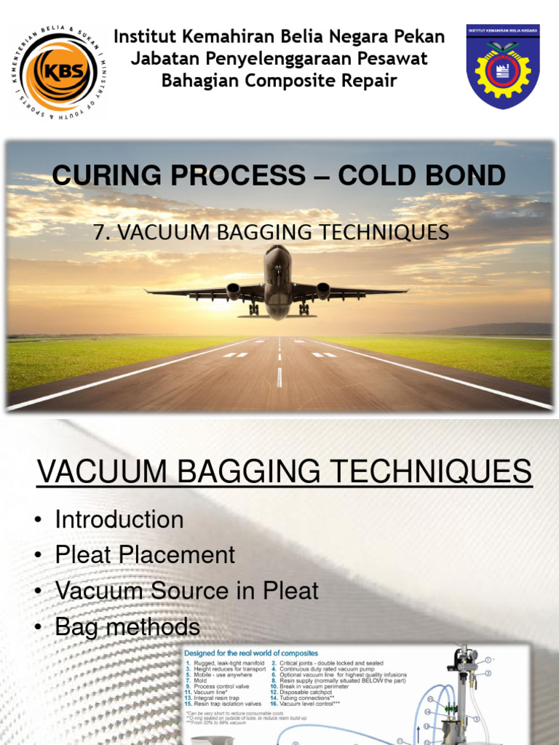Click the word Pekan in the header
coord(415,36)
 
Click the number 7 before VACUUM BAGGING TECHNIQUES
coord(100,232)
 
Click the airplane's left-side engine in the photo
coord(234,290)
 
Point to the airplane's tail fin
coord(277,255)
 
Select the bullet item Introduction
coord(119,519)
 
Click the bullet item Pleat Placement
coord(145,555)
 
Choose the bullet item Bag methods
coord(127,626)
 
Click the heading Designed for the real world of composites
coord(251,653)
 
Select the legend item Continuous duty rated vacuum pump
coord(329,670)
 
